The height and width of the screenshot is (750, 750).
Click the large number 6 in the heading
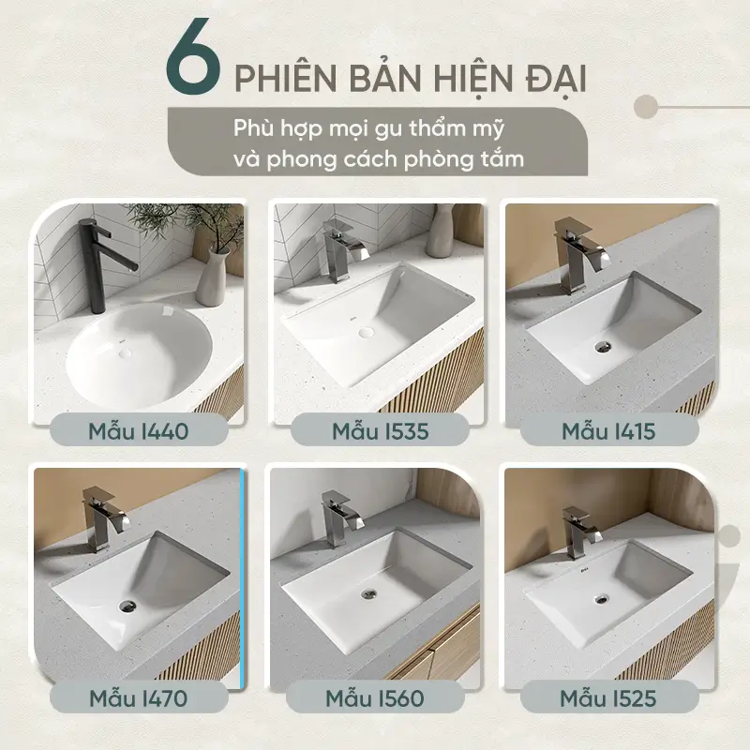click(x=193, y=56)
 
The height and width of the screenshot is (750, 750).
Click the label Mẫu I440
click(x=139, y=431)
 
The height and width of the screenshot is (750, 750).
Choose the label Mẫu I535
click(x=381, y=431)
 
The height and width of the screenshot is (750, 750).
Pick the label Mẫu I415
click(x=608, y=431)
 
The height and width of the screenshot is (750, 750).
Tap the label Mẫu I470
click(x=138, y=698)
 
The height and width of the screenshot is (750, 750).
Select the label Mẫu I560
click(x=375, y=698)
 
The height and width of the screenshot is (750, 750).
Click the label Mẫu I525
click(x=607, y=698)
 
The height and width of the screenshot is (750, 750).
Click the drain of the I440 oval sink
click(x=126, y=353)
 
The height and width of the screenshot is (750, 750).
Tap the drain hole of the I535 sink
click(x=367, y=332)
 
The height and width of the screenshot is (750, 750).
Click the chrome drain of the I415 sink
click(x=603, y=346)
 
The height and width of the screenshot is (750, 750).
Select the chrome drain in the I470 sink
click(x=127, y=606)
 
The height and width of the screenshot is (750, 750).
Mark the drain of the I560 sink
click(x=368, y=593)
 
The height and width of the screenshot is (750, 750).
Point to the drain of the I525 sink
click(x=602, y=598)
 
